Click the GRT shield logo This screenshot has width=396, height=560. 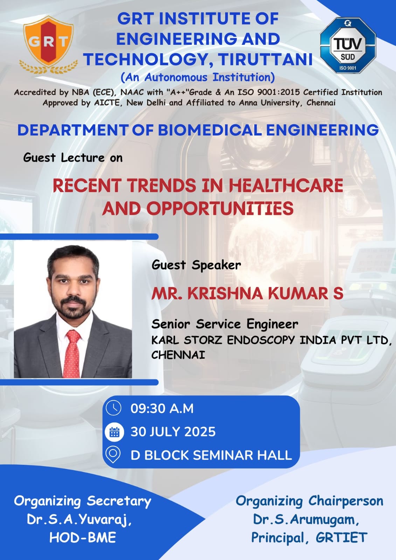[49, 45]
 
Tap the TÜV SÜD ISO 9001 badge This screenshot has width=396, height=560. [348, 45]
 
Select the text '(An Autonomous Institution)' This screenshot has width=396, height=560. [197, 77]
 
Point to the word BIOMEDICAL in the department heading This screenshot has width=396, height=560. [210, 130]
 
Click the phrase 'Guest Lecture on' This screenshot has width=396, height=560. [73, 158]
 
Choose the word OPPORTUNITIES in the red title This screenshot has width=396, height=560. [220, 209]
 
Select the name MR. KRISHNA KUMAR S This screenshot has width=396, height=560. [248, 293]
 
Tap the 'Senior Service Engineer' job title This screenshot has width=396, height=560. [225, 324]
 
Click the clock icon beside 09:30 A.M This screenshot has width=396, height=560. [113, 408]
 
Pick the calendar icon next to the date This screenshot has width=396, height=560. [114, 432]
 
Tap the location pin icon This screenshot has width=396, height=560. [113, 455]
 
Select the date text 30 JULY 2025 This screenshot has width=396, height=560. [173, 432]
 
